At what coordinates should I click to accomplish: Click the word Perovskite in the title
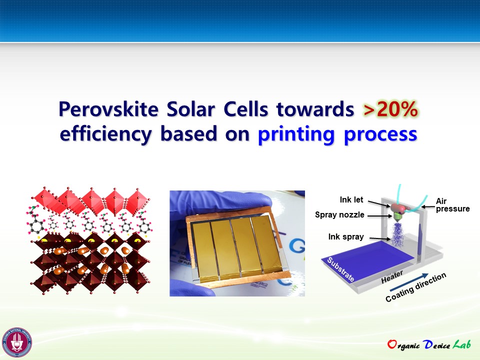tap(108, 109)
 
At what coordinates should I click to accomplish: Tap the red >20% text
tap(390, 109)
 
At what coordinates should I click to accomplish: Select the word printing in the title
tap(296, 134)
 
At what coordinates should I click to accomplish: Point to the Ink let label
tap(351, 199)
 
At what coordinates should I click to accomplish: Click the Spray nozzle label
tap(339, 214)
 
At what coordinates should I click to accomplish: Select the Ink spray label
tap(346, 236)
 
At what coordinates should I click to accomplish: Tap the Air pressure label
tap(452, 205)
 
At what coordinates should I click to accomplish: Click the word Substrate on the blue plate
tap(340, 269)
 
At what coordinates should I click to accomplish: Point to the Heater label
tap(392, 277)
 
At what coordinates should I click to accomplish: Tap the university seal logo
tap(17, 342)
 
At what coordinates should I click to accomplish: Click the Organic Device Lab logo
tap(429, 344)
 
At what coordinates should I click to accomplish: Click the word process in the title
tap(380, 134)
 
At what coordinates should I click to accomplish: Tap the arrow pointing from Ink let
tap(379, 204)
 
